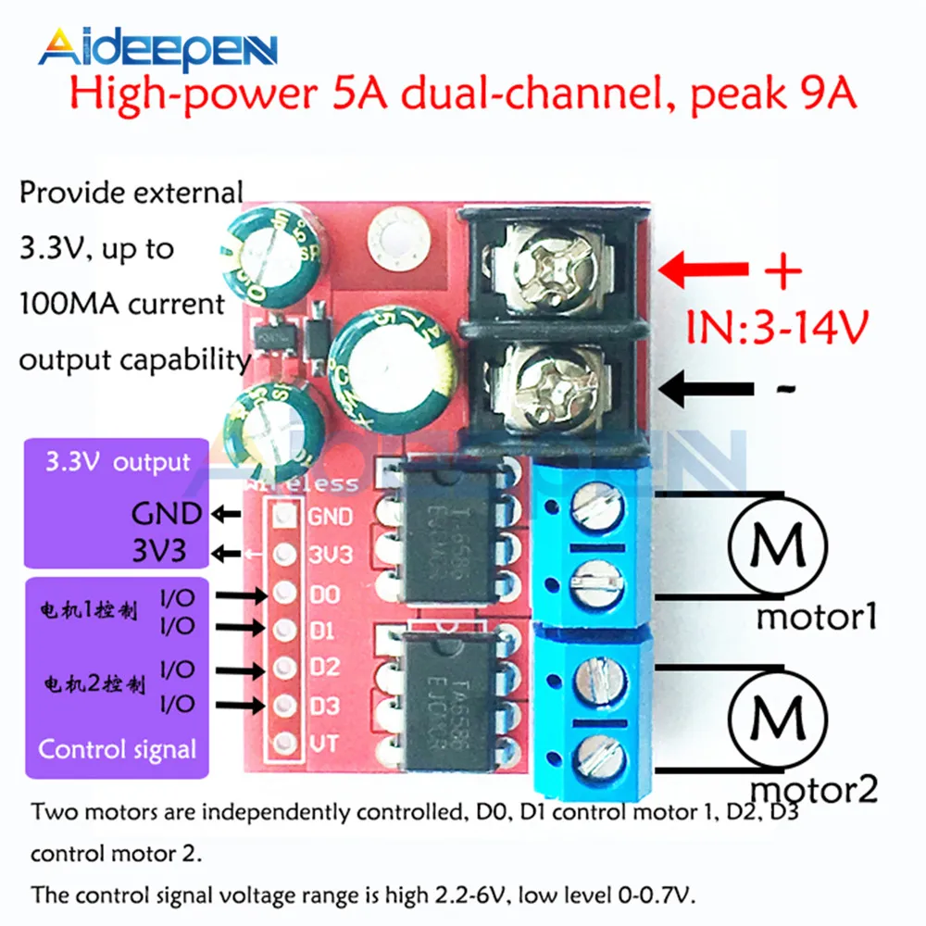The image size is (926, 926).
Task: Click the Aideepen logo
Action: click(157, 48)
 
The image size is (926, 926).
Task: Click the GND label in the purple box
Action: click(166, 513)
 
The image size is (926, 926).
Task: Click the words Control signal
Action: click(118, 748)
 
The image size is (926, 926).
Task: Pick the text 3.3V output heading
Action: click(117, 462)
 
